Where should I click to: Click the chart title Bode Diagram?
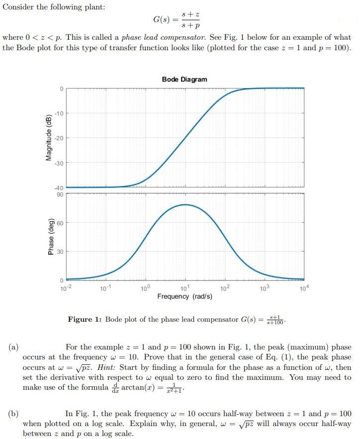[x=184, y=80]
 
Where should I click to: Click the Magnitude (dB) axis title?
[x=49, y=137]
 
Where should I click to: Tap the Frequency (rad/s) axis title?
[x=184, y=296]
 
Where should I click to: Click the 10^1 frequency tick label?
[x=184, y=288]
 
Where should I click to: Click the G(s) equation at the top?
[x=177, y=20]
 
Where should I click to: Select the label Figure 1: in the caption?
[x=85, y=320]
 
